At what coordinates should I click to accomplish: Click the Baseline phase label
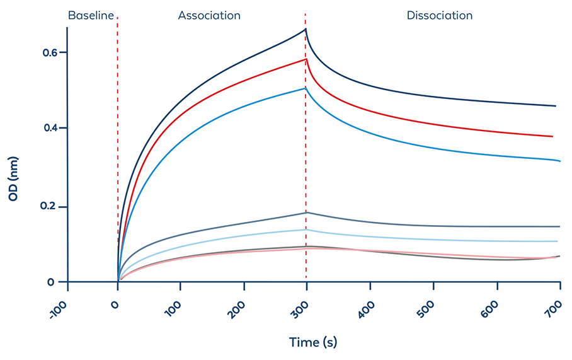click(91, 15)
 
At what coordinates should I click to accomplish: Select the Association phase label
click(209, 15)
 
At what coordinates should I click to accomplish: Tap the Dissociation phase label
click(439, 15)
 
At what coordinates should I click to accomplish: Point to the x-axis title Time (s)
click(313, 342)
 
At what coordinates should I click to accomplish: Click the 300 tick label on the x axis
click(304, 311)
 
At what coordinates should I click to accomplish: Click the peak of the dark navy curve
click(306, 29)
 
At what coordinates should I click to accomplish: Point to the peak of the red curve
click(306, 59)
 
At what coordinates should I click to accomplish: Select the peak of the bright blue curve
click(306, 88)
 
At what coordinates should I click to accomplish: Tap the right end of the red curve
click(552, 136)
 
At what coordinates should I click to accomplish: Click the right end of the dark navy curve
click(556, 106)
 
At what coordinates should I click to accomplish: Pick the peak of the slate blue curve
click(306, 212)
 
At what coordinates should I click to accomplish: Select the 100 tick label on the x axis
click(177, 311)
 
